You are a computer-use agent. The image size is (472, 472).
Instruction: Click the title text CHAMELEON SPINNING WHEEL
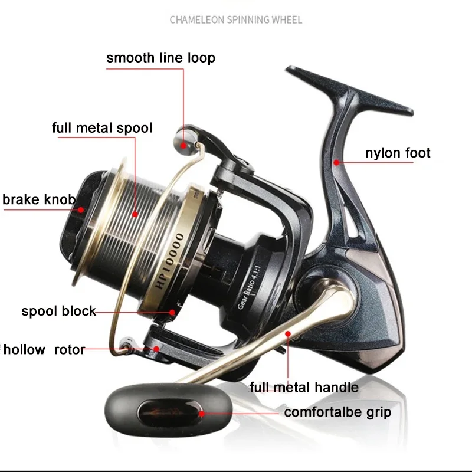tap(236, 20)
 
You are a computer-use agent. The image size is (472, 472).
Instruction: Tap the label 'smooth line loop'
tap(160, 58)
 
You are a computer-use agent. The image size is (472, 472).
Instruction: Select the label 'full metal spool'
tap(102, 127)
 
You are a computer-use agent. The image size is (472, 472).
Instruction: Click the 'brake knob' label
tap(39, 199)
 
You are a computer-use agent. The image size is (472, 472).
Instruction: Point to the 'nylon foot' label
tap(398, 153)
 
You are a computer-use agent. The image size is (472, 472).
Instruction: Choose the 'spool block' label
tap(58, 311)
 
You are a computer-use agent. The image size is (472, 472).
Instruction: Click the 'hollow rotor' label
tap(44, 349)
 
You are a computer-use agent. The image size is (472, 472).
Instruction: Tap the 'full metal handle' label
tap(304, 387)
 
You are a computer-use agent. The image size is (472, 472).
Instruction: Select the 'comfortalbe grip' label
tap(337, 412)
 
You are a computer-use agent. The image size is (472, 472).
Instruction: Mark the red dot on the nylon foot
tap(336, 160)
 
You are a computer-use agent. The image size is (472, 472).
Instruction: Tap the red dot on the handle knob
tap(202, 414)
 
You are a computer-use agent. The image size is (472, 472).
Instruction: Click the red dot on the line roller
tap(184, 143)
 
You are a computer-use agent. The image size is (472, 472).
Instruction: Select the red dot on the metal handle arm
tap(288, 334)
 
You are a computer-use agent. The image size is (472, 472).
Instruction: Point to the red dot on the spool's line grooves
tap(135, 214)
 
